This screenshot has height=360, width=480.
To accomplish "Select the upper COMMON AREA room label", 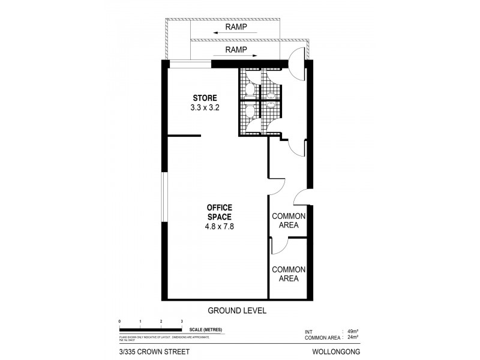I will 289,220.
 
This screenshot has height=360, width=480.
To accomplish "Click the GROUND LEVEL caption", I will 236,311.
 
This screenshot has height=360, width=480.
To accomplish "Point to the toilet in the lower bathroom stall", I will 249,111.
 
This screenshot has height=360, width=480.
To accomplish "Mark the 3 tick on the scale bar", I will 182,322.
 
